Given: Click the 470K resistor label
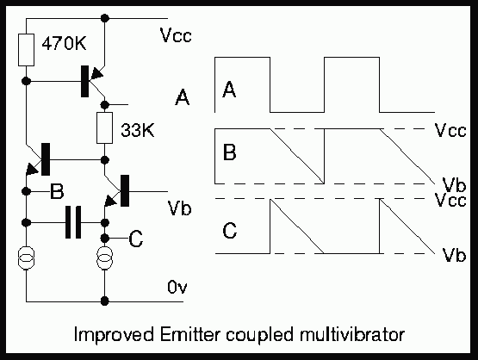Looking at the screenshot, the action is coord(64,43).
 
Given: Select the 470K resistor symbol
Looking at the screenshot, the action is coord(26,50).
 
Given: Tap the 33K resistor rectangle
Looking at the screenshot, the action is coord(104,127).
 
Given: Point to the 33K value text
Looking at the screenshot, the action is coord(138,130).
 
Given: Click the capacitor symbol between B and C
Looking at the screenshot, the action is coord(73,222).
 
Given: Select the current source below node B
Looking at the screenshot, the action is coord(26,258).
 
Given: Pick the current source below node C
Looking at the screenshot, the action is coord(104,258).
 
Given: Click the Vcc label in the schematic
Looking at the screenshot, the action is coord(176,35).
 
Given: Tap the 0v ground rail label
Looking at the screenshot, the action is coord(177,287).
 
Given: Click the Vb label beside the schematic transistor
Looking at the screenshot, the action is coord(179,208).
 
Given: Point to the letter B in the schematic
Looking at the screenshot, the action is coord(57,191).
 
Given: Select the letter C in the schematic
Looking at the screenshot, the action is coord(136,239).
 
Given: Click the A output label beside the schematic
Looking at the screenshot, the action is coord(183,97).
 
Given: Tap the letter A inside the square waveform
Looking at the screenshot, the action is coord(229,90).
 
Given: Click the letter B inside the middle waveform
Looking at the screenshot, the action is coord(230,152).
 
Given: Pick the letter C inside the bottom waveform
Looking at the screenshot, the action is coord(230,231).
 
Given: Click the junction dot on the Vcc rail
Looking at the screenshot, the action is coord(104,18).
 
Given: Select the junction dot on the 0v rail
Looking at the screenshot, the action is coord(104,301).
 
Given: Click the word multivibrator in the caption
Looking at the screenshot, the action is coord(351,334).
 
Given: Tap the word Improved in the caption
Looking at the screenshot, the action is coord(114,335).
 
